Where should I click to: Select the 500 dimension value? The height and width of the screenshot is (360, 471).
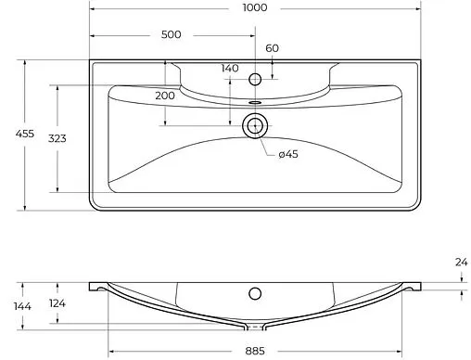(171, 34)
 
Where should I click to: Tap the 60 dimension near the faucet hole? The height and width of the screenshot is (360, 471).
(272, 48)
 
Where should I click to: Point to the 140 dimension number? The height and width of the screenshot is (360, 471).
(229, 69)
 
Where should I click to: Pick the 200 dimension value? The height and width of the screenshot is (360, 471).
(165, 96)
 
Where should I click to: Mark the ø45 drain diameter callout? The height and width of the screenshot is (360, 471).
(286, 154)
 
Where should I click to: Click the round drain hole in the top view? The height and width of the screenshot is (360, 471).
(254, 124)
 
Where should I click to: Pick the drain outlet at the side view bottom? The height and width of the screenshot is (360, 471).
(253, 328)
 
